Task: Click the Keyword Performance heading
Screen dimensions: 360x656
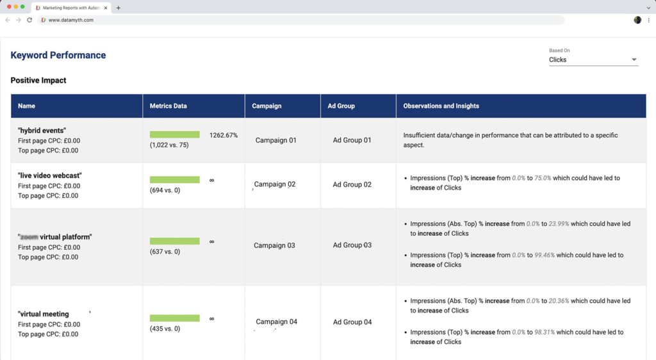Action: pos(58,55)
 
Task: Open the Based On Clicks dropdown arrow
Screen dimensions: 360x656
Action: pos(634,60)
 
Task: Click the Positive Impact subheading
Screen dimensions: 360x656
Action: pos(38,80)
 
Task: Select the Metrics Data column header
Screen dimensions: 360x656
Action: pos(168,106)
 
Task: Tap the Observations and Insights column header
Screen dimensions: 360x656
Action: pos(441,106)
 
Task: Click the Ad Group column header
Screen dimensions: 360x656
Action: pos(341,106)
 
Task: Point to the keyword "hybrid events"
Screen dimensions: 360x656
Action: pos(42,130)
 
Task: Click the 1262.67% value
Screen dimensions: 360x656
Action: pos(224,135)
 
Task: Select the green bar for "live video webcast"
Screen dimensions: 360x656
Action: pos(174,180)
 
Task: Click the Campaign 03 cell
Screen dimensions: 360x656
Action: pos(274,245)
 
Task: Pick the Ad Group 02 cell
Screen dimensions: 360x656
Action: pos(352,184)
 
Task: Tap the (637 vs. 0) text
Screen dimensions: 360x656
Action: pos(165,252)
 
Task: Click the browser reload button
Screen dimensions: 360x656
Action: pos(29,20)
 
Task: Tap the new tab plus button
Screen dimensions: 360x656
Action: pos(119,8)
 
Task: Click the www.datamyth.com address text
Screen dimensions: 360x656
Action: pos(71,20)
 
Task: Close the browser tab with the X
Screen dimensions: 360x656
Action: pos(106,8)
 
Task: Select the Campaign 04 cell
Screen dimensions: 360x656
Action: pos(276,322)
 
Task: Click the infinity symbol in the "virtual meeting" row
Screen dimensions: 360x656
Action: pos(211,318)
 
